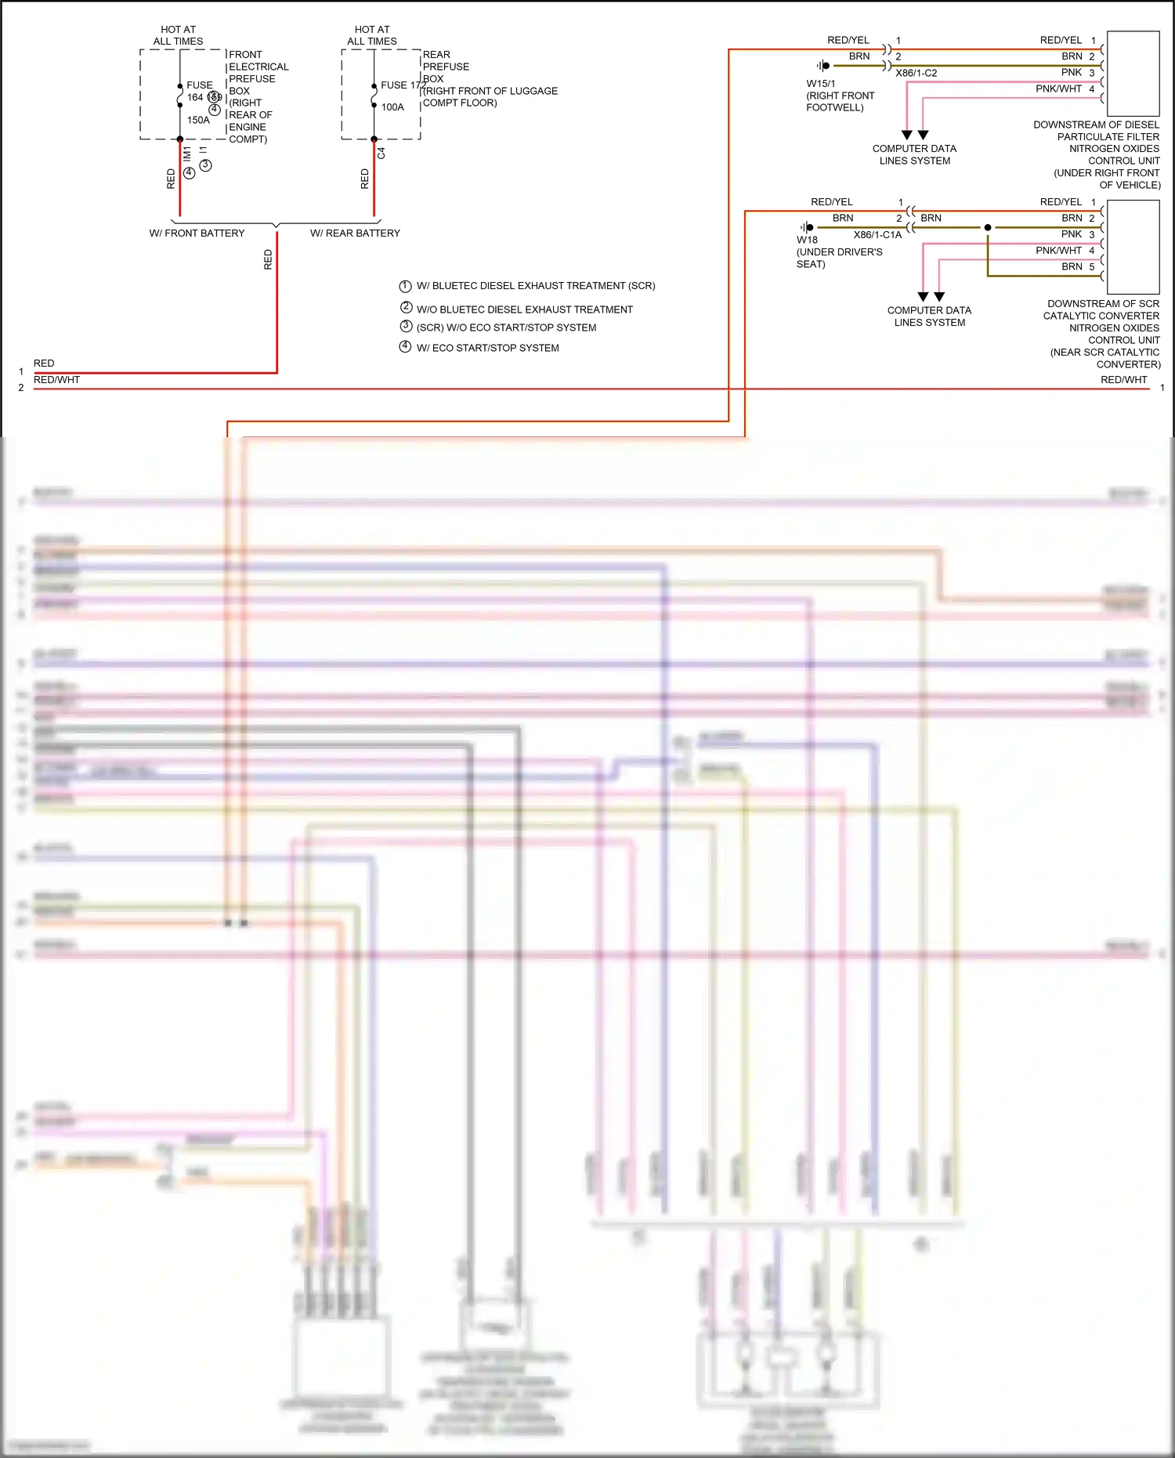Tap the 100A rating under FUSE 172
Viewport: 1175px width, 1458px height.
392,107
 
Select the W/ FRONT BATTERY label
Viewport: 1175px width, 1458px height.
197,233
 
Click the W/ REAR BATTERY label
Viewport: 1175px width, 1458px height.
355,233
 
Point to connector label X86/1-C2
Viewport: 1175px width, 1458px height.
916,74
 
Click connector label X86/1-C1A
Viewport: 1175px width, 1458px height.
877,235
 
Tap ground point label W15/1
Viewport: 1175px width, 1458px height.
821,84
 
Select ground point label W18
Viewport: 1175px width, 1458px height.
807,241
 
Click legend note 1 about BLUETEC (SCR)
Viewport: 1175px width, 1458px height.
535,286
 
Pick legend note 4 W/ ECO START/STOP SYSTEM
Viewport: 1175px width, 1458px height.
487,348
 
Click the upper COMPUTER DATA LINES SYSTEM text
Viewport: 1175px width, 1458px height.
914,154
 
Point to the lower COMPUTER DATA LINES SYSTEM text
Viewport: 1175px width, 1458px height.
929,317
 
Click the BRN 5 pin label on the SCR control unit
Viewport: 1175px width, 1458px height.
1078,267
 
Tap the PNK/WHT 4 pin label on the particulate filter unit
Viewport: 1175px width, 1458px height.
1065,89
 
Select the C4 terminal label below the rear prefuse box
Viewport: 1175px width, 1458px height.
381,154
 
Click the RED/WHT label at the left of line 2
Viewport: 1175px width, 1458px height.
56,380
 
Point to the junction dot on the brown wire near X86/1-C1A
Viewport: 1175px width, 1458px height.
988,227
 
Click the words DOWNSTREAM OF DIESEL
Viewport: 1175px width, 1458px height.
1096,125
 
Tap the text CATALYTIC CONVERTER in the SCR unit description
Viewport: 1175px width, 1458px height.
1101,316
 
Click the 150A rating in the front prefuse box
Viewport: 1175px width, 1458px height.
198,121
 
